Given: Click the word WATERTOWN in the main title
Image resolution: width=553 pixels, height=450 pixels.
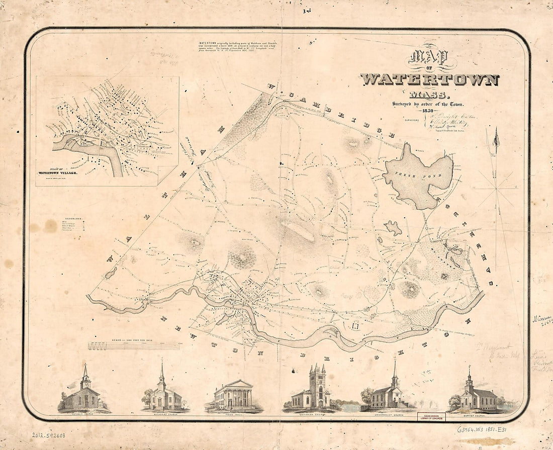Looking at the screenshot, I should (x=429, y=80).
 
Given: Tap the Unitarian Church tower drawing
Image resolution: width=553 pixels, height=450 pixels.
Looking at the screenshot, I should (x=317, y=388).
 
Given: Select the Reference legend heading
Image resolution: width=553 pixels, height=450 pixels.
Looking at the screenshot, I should (x=73, y=219).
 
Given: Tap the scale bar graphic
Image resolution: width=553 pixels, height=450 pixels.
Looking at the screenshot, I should (x=133, y=346).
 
